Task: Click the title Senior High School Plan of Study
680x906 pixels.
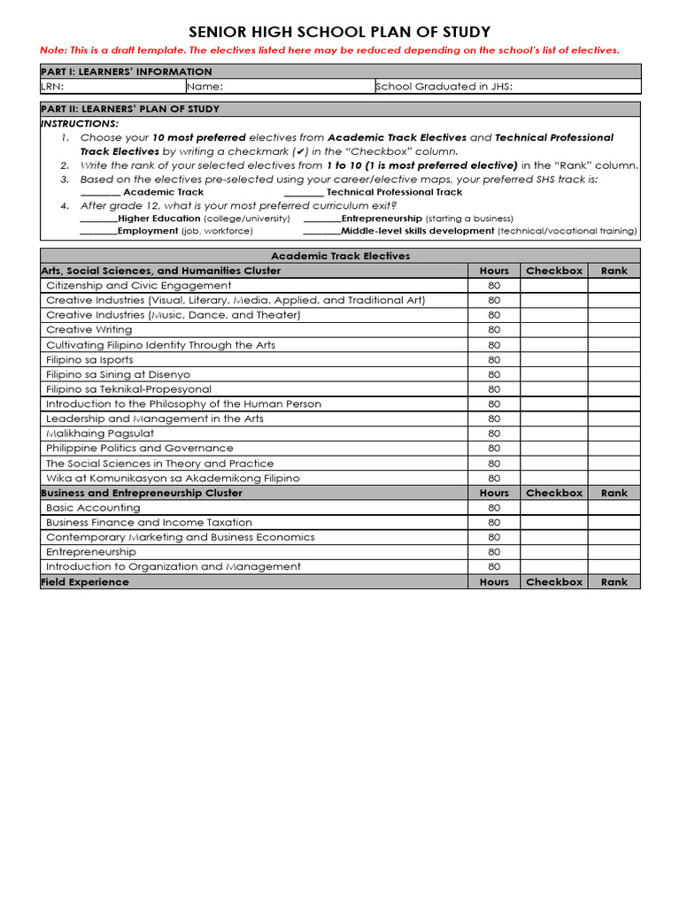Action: click(340, 32)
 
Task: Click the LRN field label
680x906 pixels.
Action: click(52, 87)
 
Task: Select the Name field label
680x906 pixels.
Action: click(205, 87)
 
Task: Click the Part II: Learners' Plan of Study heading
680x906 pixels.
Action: click(130, 109)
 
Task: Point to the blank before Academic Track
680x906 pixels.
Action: click(100, 193)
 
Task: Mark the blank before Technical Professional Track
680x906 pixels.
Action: click(304, 193)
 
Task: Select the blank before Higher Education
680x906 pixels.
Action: click(97, 219)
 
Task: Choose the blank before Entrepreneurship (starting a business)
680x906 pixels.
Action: click(321, 219)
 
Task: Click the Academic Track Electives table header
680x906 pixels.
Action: click(340, 256)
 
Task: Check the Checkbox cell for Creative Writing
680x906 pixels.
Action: click(554, 330)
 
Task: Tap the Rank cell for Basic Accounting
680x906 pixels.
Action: click(614, 508)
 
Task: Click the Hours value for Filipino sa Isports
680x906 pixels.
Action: click(494, 360)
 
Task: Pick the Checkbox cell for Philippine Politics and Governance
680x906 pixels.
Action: click(554, 449)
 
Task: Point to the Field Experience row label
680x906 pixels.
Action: click(85, 582)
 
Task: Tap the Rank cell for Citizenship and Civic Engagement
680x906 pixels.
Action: click(614, 286)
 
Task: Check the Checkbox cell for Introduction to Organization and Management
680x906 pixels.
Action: click(554, 567)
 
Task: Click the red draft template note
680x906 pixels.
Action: click(329, 50)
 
